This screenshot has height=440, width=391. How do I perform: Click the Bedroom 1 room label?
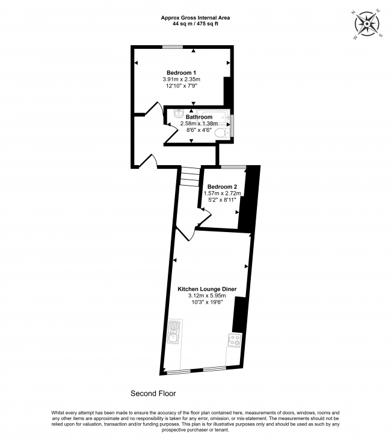pos(181,73)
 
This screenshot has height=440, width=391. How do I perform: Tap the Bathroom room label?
pos(199,117)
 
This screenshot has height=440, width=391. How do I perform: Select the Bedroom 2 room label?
pos(223,186)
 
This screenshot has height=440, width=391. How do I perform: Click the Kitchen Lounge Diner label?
pos(206,289)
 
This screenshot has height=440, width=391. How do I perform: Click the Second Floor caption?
pos(153,394)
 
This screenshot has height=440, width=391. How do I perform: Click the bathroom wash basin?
pos(178,112)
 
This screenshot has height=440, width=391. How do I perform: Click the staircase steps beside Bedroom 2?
pos(189,176)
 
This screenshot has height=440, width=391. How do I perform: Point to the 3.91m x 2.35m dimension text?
pos(181,80)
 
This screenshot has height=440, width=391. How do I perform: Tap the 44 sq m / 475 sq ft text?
pos(195,24)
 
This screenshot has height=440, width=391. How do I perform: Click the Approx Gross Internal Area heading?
pos(195,17)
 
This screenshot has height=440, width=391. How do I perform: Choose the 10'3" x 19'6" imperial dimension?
pos(206,303)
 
